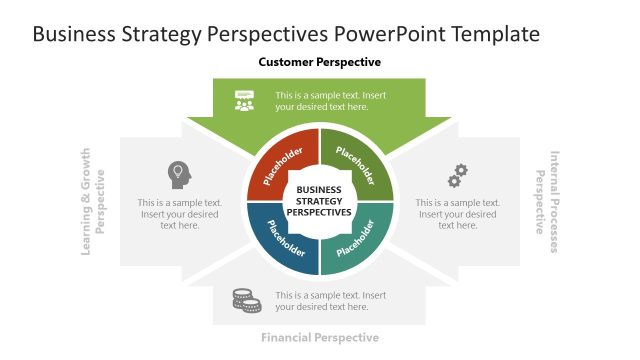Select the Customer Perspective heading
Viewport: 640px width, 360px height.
click(319, 62)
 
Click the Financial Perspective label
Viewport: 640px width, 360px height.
click(319, 337)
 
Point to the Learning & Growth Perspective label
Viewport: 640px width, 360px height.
click(92, 201)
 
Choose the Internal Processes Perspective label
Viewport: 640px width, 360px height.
click(547, 201)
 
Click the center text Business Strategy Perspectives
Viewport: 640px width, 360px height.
click(319, 201)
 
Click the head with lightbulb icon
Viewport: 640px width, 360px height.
click(179, 173)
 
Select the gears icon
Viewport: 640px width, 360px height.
click(457, 176)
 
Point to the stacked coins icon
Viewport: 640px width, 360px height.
click(245, 299)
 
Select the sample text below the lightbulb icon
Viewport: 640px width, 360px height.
click(180, 213)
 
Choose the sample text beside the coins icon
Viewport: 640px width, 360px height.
click(330, 301)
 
